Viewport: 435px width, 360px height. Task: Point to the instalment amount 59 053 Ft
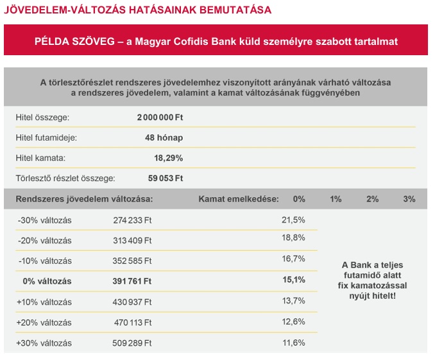(x=166, y=178)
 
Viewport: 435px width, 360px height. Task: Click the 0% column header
(x=298, y=199)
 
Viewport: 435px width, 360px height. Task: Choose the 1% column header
(x=336, y=199)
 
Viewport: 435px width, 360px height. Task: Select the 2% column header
(x=372, y=199)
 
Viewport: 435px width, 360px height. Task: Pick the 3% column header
(x=409, y=199)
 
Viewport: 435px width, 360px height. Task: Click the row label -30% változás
(x=44, y=220)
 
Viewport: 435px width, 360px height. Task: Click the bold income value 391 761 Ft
(x=132, y=280)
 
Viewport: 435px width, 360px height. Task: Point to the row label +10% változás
(x=44, y=302)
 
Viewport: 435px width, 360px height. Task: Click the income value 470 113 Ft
(x=132, y=322)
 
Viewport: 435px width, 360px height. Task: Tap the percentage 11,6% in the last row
(x=293, y=342)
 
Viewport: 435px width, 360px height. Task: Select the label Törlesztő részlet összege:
(x=65, y=178)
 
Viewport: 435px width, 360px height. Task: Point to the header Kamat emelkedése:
(x=239, y=199)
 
